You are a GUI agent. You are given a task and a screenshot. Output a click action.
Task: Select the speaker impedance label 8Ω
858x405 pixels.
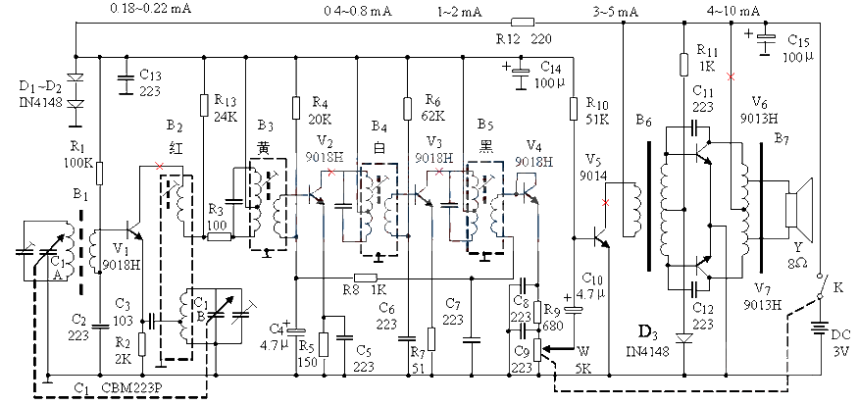pos(799,265)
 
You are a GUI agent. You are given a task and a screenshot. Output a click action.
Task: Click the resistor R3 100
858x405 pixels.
pos(219,235)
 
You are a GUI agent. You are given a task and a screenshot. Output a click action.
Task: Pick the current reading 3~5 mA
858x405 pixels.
pos(615,10)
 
